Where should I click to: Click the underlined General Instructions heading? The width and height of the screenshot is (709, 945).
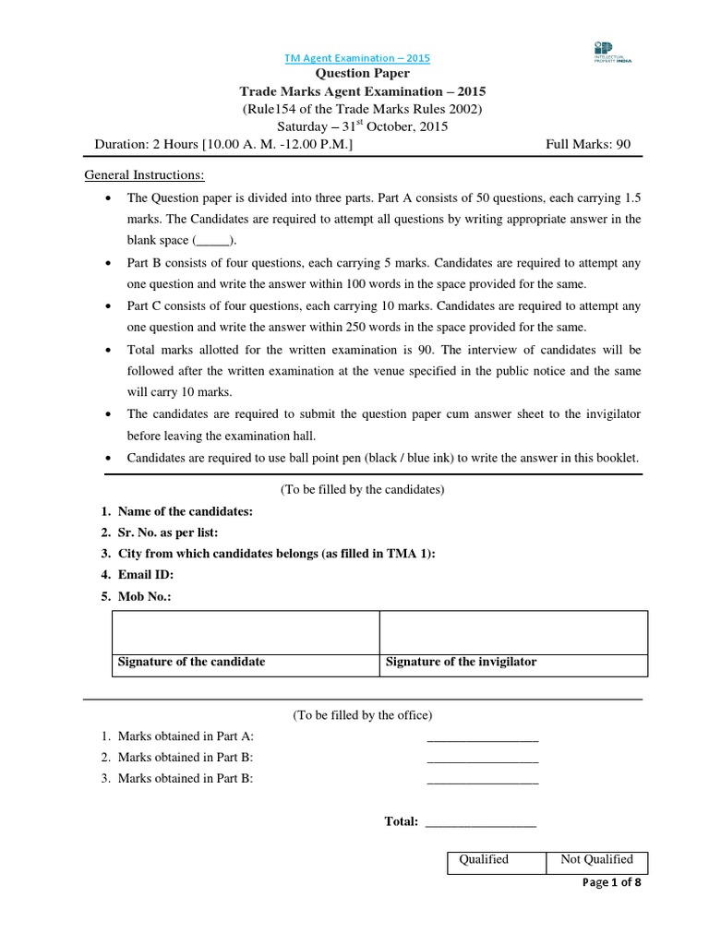145,175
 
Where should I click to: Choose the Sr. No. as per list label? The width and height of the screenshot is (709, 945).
168,532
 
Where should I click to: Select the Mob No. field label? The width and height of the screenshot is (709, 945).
145,596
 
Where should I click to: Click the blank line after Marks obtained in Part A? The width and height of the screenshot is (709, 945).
482,736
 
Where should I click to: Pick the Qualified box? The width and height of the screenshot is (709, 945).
485,859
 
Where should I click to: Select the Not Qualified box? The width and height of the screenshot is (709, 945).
596,859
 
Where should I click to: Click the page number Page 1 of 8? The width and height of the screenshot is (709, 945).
611,882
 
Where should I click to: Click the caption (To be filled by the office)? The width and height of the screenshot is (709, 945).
363,715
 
